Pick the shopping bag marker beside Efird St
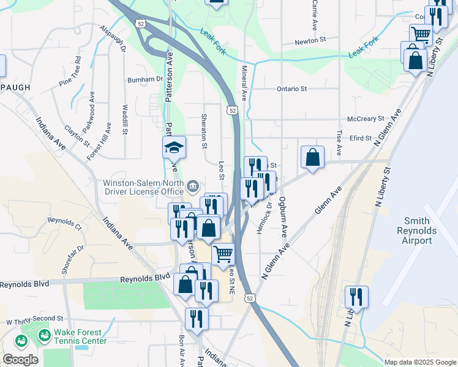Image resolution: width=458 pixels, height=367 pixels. click(x=312, y=157)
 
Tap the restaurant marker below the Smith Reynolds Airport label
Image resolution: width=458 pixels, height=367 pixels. click(x=356, y=297)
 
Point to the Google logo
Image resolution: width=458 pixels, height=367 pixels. click(x=20, y=360)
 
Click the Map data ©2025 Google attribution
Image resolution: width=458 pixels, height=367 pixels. click(x=419, y=362)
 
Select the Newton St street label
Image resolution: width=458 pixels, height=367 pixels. click(x=310, y=40)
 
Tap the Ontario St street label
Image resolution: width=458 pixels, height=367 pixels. click(x=291, y=89)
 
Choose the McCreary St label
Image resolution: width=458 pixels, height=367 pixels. click(x=365, y=118)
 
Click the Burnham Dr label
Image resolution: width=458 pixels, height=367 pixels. click(x=145, y=80)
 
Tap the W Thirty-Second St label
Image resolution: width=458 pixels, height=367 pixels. click(x=35, y=319)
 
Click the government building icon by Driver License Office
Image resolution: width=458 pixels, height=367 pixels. click(x=192, y=184)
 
